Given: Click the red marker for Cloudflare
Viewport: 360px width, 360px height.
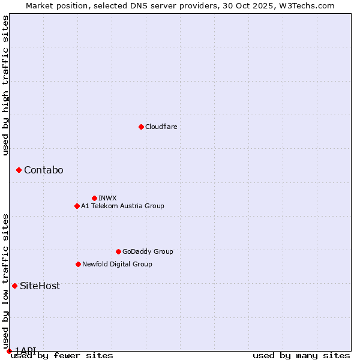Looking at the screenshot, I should [141, 127].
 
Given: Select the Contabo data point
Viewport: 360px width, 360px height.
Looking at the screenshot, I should [19, 170].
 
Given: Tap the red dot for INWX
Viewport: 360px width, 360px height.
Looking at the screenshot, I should [94, 198].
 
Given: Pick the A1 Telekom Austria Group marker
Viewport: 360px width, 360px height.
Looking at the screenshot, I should [77, 206].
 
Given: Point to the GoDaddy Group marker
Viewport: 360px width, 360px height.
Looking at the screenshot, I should [118, 251].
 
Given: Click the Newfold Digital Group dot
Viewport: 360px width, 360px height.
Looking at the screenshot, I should [78, 264].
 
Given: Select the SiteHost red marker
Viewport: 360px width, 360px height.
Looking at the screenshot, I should [14, 286].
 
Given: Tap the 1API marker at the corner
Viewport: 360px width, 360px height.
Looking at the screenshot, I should [9, 351].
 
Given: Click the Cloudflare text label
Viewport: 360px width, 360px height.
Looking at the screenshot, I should [161, 127].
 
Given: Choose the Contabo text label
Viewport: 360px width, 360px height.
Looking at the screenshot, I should [43, 170].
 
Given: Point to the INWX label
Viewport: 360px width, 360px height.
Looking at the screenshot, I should [107, 198].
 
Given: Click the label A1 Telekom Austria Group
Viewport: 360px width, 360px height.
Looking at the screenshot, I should [122, 206].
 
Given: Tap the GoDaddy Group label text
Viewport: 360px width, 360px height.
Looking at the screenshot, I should [148, 251].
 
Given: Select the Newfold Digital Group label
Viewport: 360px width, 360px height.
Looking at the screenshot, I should [117, 264].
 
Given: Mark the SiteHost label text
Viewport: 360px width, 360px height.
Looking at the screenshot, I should [40, 286].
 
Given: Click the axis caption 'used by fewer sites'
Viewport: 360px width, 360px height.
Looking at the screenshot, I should [62, 356].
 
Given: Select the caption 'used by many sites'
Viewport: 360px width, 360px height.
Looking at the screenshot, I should [301, 356].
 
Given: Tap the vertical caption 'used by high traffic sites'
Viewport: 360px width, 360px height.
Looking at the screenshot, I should [5, 85].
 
